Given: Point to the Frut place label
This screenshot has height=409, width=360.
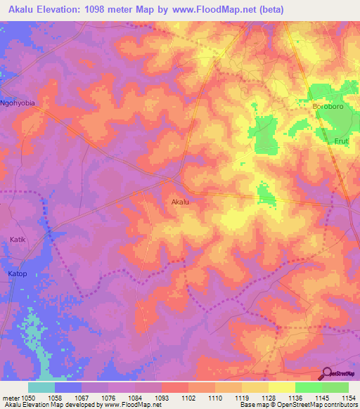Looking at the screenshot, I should [341, 141].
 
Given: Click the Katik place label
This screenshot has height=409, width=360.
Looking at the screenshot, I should [18, 240].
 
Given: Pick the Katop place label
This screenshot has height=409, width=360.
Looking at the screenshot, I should [18, 273].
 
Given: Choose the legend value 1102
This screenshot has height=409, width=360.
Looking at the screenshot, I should [188, 398].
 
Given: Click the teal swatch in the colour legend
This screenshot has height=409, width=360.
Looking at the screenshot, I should [41, 387].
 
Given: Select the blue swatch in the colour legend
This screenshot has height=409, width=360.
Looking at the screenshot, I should [68, 387].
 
